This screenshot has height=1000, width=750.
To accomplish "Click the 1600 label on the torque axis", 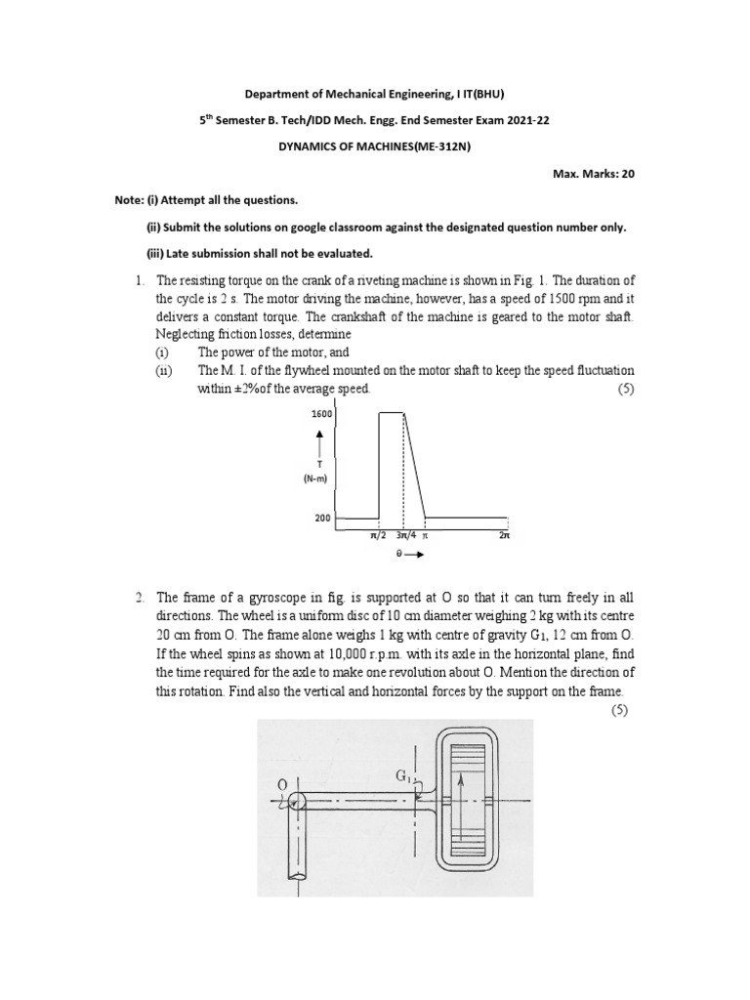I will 323,414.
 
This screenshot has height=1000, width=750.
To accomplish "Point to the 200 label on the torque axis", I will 323,519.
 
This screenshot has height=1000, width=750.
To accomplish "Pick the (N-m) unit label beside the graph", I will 323,479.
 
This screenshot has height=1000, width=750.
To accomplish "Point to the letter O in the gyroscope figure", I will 282,783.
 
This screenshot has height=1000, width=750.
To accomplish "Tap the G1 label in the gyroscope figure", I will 402,776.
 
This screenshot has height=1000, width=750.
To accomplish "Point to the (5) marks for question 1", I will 621,389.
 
